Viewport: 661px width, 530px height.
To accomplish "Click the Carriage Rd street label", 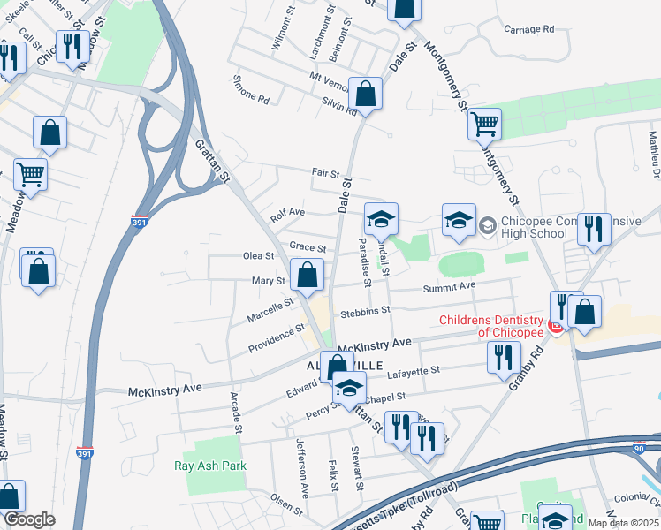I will [528, 29].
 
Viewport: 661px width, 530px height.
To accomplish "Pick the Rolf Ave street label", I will [287, 214].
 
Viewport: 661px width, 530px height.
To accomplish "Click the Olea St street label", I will [259, 256].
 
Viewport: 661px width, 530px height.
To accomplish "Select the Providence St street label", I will [276, 337].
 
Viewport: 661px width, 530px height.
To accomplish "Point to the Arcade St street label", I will [236, 413].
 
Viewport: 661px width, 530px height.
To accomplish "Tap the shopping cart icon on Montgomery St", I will [484, 125].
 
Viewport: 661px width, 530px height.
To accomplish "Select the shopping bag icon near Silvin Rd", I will [365, 94].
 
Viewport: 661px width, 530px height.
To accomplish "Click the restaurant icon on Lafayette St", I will [503, 358].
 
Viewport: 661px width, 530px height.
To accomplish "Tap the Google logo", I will [30, 519].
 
